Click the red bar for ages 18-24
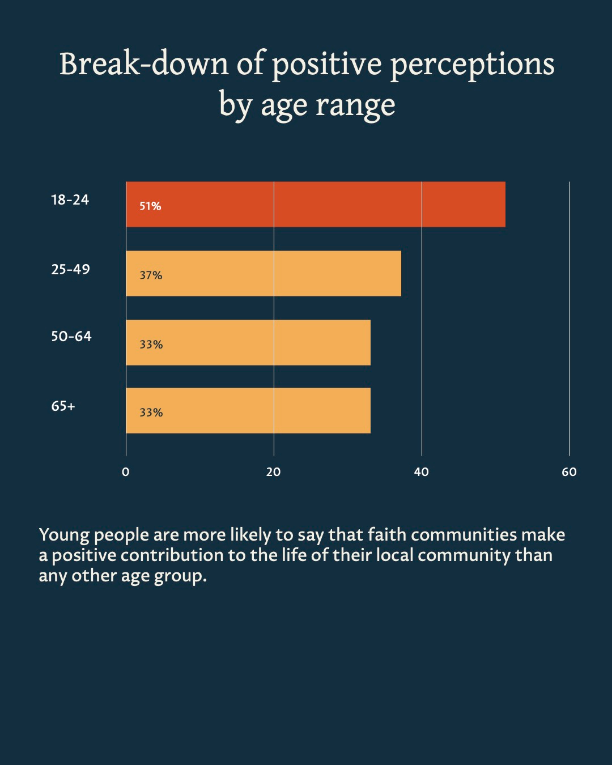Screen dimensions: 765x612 tap(315, 205)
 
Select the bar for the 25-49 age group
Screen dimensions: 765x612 tap(263, 274)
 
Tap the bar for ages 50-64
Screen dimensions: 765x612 tap(248, 343)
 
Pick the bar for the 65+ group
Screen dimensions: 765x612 tap(248, 411)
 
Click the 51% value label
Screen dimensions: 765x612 tap(151, 206)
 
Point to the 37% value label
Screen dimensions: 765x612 tap(151, 275)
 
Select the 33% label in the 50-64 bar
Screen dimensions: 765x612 tap(151, 345)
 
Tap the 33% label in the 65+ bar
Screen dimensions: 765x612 tap(151, 413)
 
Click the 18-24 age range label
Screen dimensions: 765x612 tap(70, 200)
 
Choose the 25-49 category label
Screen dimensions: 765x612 tap(71, 269)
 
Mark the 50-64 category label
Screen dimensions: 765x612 tap(71, 337)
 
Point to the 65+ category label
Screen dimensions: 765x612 tap(63, 406)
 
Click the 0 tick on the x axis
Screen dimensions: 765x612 tap(126, 472)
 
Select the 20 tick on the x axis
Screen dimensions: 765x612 tap(274, 472)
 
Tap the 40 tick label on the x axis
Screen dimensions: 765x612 tap(422, 472)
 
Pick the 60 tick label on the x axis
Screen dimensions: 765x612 tap(569, 472)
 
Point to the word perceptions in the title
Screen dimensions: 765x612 tap(473, 65)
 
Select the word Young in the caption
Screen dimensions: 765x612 tap(64, 535)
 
